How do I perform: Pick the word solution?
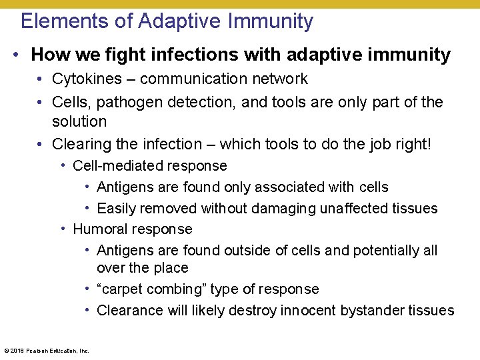pyautogui.click(x=79, y=121)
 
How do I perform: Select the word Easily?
pyautogui.click(x=116, y=209)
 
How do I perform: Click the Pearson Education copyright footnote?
pyautogui.click(x=47, y=350)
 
